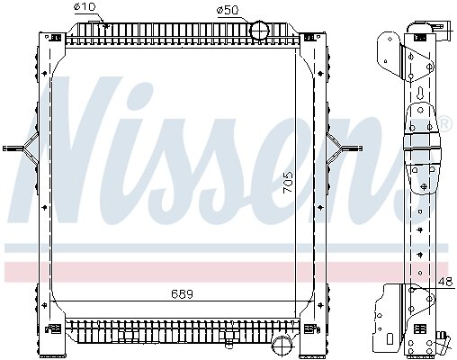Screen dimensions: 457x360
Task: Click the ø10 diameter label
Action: [85, 6]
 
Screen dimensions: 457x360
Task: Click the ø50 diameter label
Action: [228, 11]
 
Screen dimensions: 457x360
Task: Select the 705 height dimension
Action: [288, 183]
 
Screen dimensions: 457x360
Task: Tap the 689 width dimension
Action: [182, 294]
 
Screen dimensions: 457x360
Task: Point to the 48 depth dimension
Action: [445, 282]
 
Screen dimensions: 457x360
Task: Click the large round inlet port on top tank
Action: [260, 30]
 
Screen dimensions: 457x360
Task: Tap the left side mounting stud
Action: [14, 148]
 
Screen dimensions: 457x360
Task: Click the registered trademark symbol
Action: [445, 123]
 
